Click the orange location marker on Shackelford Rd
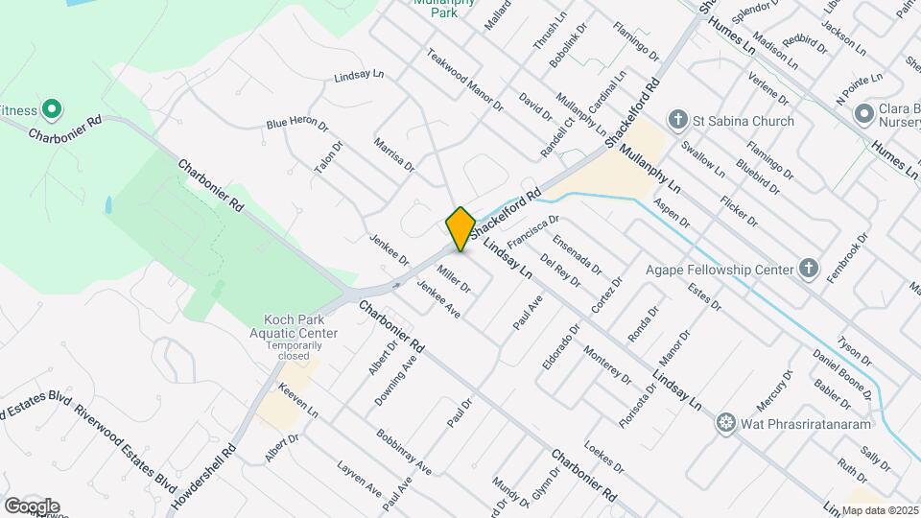(x=460, y=228)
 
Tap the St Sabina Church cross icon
(x=678, y=121)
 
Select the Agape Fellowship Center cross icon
(x=809, y=269)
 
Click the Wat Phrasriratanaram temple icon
(x=725, y=422)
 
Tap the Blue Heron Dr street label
(x=297, y=125)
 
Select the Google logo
(x=31, y=506)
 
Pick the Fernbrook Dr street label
(x=849, y=251)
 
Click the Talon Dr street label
(x=327, y=157)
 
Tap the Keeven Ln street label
(x=298, y=401)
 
